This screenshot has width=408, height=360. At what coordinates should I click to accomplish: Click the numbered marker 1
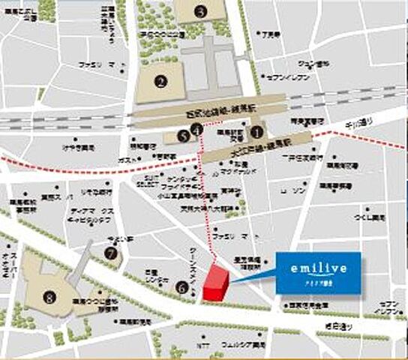(256, 131)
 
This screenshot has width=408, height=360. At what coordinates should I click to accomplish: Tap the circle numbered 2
(160, 82)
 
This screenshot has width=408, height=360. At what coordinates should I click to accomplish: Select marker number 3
(199, 10)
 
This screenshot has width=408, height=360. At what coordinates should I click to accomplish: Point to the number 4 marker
(196, 129)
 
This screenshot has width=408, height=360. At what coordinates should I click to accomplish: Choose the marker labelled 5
(181, 136)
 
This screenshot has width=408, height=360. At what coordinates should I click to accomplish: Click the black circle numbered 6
(181, 286)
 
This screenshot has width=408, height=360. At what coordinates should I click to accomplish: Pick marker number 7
(112, 253)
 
